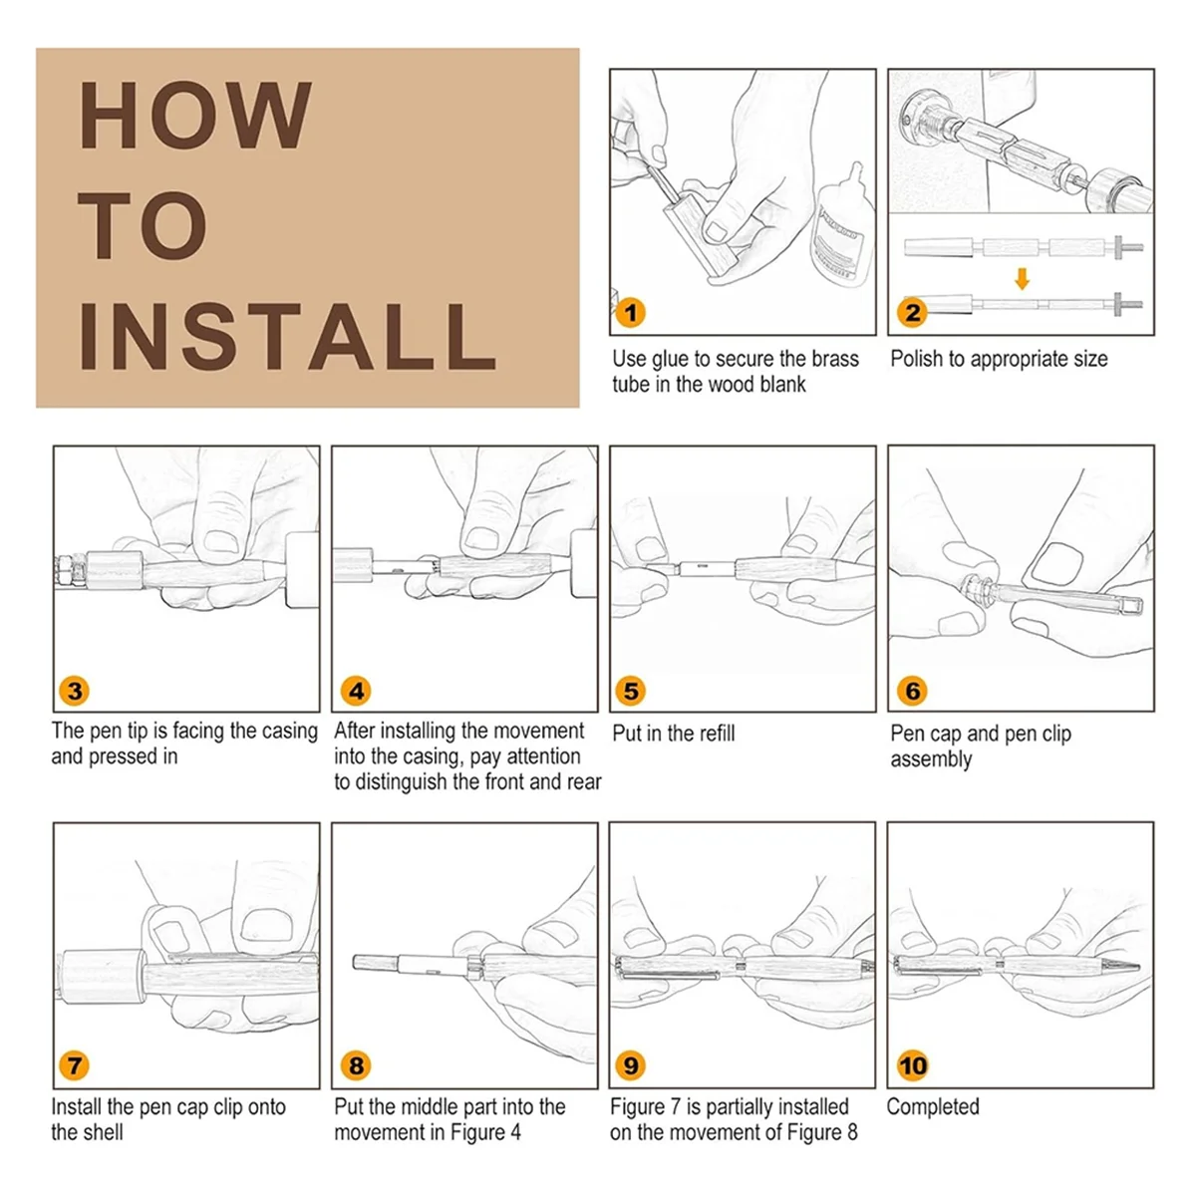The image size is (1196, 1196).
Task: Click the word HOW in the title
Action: pos(195,115)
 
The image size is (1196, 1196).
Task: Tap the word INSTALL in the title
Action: pos(287,337)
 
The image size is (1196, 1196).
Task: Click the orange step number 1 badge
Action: pos(630,312)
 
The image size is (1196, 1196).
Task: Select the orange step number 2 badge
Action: pos(912,312)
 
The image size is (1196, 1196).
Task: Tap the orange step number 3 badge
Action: pos(74,690)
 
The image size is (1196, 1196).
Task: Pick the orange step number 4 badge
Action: pos(356,690)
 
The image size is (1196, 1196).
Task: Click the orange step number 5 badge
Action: pos(630,690)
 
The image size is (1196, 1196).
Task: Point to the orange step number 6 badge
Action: pos(912,690)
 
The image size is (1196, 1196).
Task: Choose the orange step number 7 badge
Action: pos(74,1065)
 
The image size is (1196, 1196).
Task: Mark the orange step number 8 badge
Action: pos(356,1065)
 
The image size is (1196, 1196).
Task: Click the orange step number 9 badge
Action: pos(630,1065)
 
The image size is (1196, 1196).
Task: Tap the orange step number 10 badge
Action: pos(912,1065)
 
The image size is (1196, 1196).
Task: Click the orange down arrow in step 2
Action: pos(1022,279)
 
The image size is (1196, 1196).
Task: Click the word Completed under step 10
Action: pos(933,1106)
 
